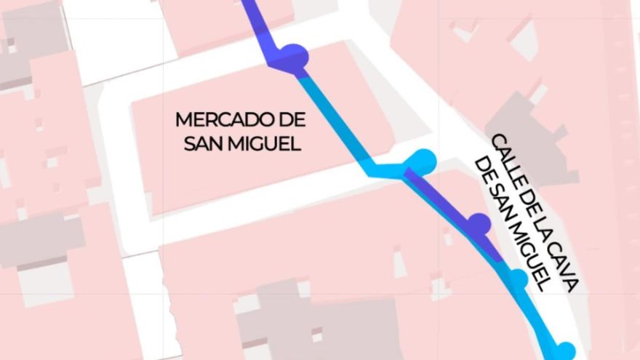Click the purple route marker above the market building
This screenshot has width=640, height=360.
tap(293, 57)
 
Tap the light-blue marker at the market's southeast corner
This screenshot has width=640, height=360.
tap(423, 161)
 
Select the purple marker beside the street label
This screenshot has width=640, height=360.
tap(479, 224)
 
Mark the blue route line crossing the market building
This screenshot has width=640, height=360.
tap(335, 124)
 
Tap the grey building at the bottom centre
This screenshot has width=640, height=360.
tap(320, 320)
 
